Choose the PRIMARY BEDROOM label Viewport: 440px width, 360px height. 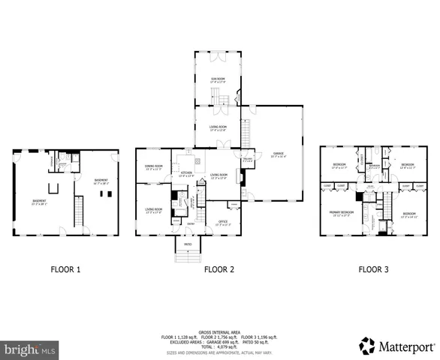pyautogui.click(x=340, y=213)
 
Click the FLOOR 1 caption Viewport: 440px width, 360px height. pyautogui.click(x=65, y=268)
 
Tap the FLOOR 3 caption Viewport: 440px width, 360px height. pyautogui.click(x=373, y=268)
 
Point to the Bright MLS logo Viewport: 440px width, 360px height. pyautogui.click(x=30, y=349)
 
